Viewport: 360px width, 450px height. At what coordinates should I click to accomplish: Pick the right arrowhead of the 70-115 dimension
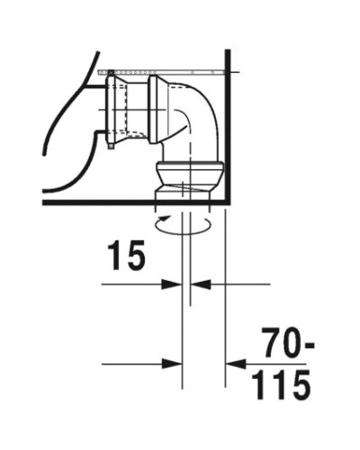[233, 364]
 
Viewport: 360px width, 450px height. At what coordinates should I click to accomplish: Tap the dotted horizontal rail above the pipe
[162, 69]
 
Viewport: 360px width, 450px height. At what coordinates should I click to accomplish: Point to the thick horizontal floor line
[135, 203]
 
